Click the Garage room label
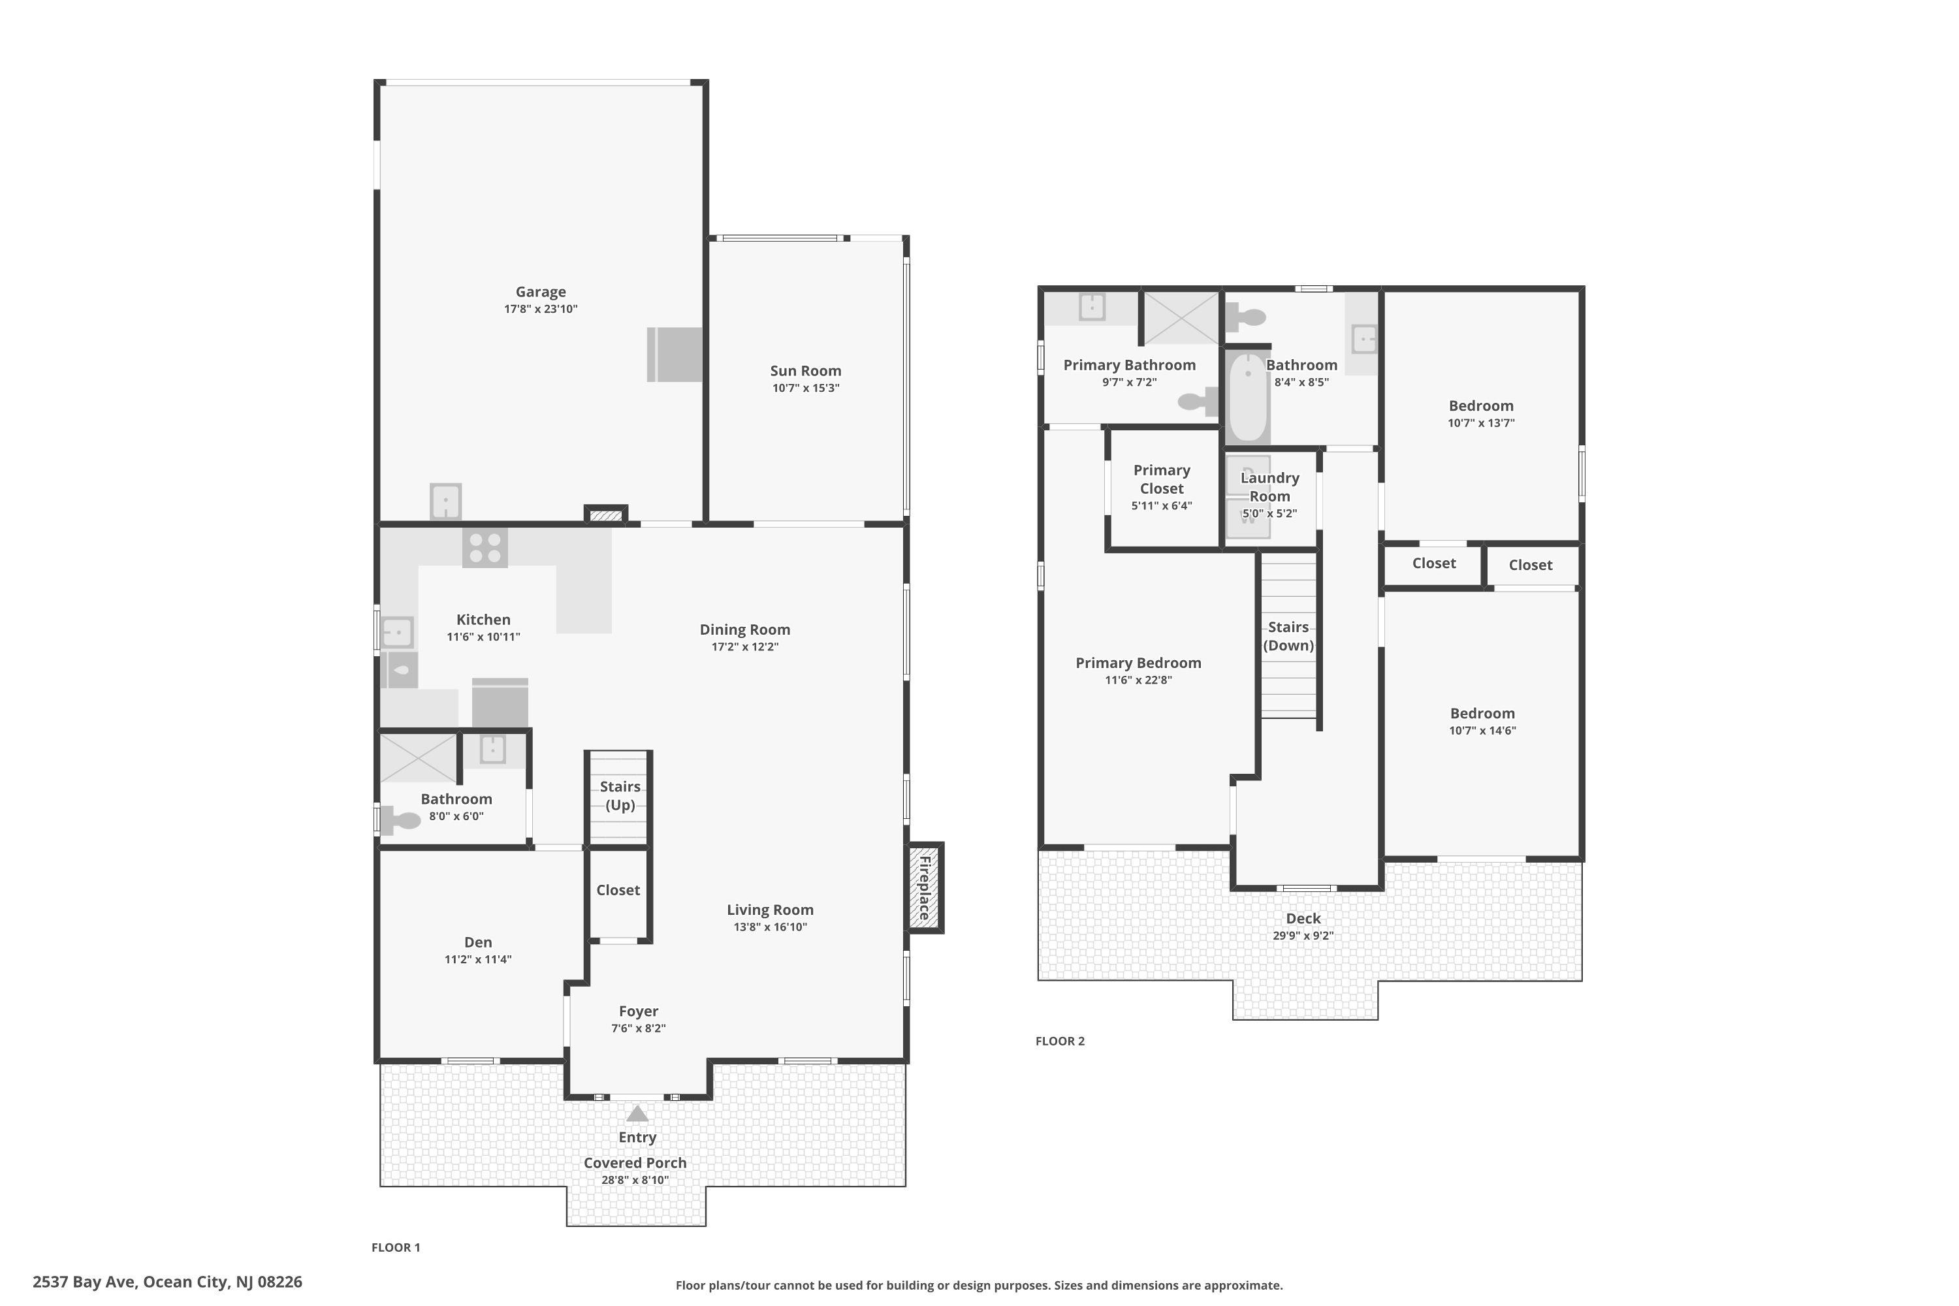pyautogui.click(x=541, y=291)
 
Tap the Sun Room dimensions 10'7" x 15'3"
pyautogui.click(x=805, y=388)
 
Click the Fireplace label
pyautogui.click(x=924, y=888)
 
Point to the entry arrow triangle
pyautogui.click(x=637, y=1113)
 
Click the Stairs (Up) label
pyautogui.click(x=620, y=795)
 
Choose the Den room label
pyautogui.click(x=478, y=942)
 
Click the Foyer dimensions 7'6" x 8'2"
pyautogui.click(x=639, y=1028)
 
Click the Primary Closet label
pyautogui.click(x=1162, y=479)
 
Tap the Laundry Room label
pyautogui.click(x=1269, y=486)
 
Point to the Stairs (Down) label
pyautogui.click(x=1288, y=636)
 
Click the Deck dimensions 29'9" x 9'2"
pyautogui.click(x=1303, y=935)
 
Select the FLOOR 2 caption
pyautogui.click(x=1060, y=1041)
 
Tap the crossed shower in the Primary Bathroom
pyautogui.click(x=1181, y=317)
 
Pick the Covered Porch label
pyautogui.click(x=635, y=1163)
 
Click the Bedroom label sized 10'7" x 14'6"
pyautogui.click(x=1482, y=713)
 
